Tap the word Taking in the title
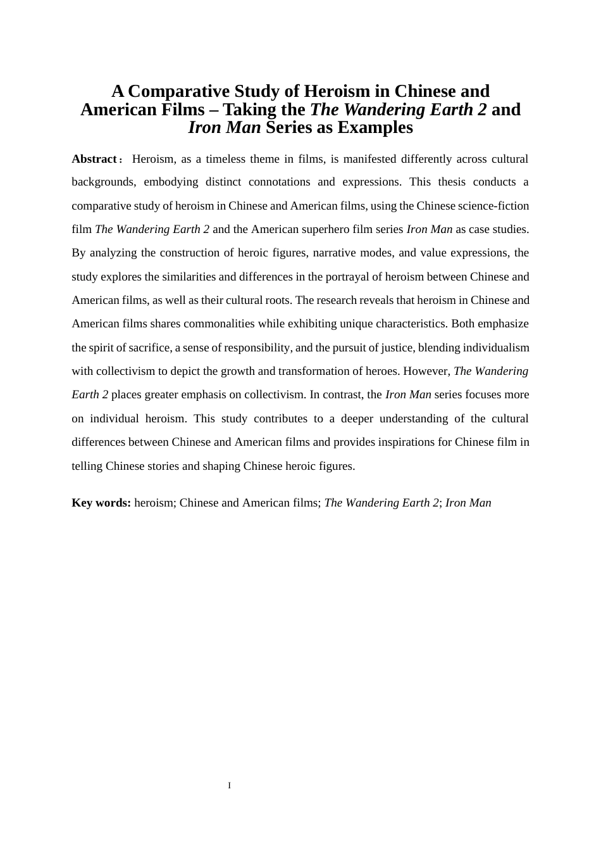(x=250, y=110)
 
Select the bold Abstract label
(x=94, y=159)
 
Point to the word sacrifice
(x=149, y=348)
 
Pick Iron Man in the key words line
(x=468, y=503)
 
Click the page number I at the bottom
(x=230, y=786)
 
